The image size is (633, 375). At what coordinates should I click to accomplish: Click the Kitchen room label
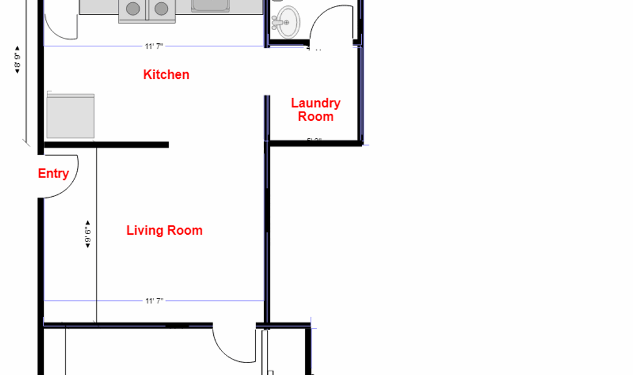pyautogui.click(x=166, y=75)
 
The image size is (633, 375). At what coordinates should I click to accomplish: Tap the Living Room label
pyautogui.click(x=164, y=231)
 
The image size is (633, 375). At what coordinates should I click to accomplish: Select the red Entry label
pyautogui.click(x=53, y=174)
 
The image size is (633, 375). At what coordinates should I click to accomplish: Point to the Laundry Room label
pyautogui.click(x=316, y=110)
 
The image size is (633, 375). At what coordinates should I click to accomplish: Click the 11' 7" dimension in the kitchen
pyautogui.click(x=154, y=46)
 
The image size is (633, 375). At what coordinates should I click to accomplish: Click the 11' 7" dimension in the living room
pyautogui.click(x=154, y=300)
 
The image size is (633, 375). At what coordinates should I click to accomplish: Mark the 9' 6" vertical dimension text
pyautogui.click(x=88, y=234)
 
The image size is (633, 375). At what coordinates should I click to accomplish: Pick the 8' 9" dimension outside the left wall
pyautogui.click(x=17, y=60)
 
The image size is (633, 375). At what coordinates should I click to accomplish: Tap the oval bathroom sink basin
pyautogui.click(x=289, y=22)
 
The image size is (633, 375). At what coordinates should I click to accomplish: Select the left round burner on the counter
pyautogui.click(x=133, y=8)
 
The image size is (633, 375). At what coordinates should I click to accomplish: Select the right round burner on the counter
pyautogui.click(x=161, y=8)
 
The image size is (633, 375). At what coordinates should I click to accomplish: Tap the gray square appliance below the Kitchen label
pyautogui.click(x=70, y=116)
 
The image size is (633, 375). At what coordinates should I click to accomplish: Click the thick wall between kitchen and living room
pyautogui.click(x=105, y=144)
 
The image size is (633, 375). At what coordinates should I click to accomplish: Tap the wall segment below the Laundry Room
pyautogui.click(x=315, y=143)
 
